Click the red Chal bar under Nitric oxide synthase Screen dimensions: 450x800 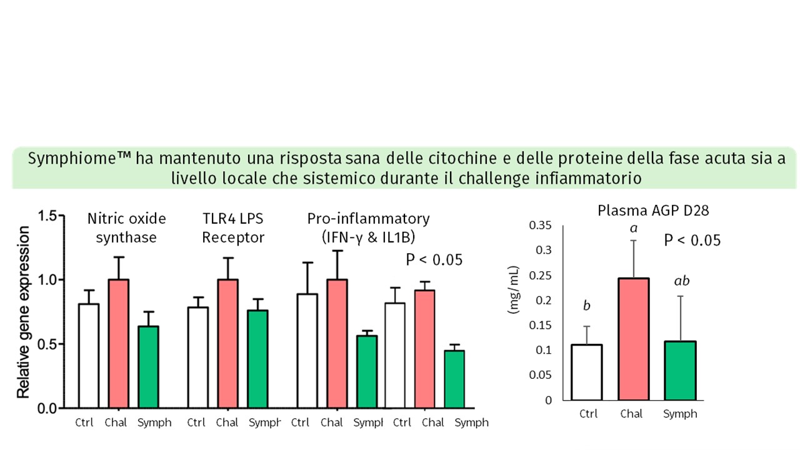tap(119, 344)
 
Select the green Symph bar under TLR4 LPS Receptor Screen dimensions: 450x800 tap(258, 359)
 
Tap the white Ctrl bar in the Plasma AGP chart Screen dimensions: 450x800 tap(586, 372)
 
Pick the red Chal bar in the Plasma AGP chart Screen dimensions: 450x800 tap(633, 339)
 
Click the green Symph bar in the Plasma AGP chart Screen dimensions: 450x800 tap(681, 370)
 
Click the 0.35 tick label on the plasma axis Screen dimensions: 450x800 tap(541, 225)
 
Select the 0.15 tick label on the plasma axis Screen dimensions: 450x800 tap(541, 325)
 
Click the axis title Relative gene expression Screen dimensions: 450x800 tap(24, 312)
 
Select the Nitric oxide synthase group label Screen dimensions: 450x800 tap(127, 228)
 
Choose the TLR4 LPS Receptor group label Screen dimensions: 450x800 tap(233, 228)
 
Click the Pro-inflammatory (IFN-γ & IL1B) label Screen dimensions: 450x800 tap(369, 228)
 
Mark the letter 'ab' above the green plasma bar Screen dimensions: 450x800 tap(681, 281)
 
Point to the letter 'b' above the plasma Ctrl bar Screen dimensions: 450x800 tap(586, 306)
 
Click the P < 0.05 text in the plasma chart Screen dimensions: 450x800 tap(692, 240)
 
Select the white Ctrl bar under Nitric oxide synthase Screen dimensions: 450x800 tap(89, 356)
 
